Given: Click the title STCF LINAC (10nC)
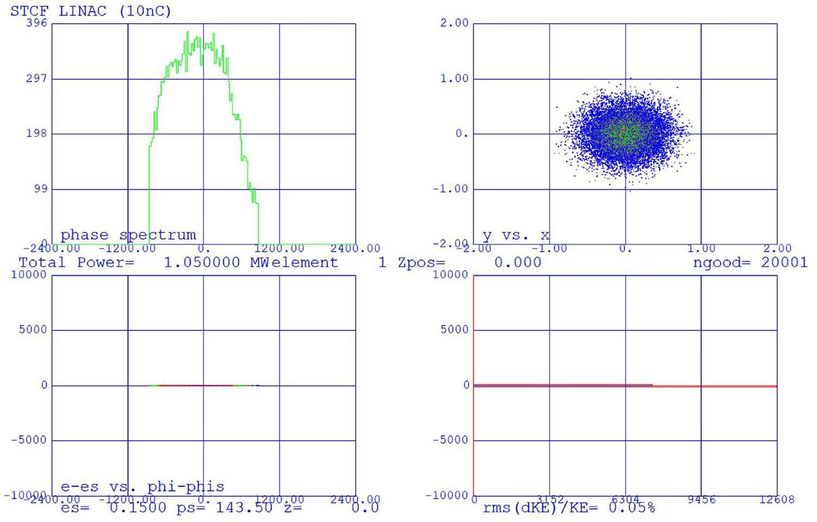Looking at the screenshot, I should (x=90, y=11).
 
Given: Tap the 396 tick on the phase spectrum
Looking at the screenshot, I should (x=37, y=23).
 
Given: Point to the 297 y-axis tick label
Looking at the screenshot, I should (x=37, y=78).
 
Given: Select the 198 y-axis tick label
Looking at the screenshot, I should (x=37, y=133).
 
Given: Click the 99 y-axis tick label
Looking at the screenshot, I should (x=40, y=189).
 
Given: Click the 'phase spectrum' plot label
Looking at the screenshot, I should (x=128, y=235).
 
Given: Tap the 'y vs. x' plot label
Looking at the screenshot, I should (x=516, y=235).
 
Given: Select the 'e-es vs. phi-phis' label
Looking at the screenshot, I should (x=142, y=486).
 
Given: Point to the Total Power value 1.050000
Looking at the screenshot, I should (x=201, y=263).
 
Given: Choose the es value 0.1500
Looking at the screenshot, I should (x=137, y=508).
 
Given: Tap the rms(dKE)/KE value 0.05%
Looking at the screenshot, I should (x=631, y=508).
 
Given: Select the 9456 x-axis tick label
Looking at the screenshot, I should (x=701, y=499).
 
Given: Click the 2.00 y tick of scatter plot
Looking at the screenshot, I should (x=454, y=23).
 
